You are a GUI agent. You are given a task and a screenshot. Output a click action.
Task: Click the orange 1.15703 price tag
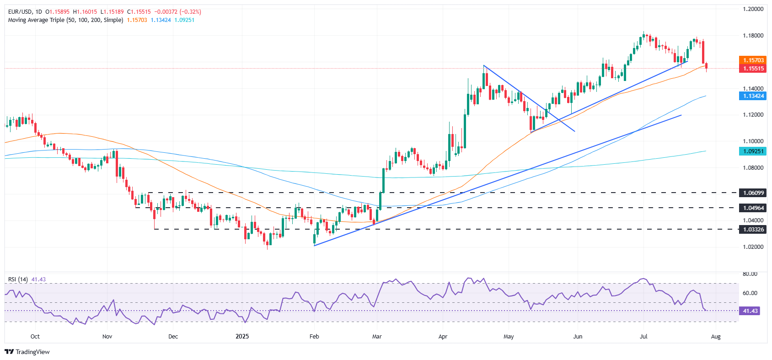coord(753,60)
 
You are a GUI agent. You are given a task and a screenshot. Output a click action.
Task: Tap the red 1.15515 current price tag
coord(753,69)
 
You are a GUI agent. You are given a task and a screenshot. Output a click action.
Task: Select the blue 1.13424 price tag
coord(753,96)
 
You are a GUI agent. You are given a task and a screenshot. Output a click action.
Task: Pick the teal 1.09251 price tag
coord(753,151)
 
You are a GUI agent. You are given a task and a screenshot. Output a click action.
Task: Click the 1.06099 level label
coord(753,193)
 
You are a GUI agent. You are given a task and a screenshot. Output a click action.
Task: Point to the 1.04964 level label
coord(753,208)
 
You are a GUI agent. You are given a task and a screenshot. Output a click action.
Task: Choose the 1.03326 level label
coord(753,229)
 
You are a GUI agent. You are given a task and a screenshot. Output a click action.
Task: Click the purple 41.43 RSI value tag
coord(750,311)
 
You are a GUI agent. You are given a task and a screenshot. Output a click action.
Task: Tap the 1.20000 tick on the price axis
coord(753,9)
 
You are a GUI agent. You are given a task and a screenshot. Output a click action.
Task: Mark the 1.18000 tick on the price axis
coord(753,36)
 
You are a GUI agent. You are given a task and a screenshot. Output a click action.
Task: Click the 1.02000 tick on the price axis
coord(753,247)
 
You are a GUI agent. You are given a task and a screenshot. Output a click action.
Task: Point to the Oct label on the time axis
coord(35,337)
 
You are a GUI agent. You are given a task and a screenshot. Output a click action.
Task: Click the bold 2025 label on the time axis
coord(242,337)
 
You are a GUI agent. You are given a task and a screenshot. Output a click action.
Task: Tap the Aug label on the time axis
coord(716,337)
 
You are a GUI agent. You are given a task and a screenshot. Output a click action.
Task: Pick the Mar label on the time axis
coord(377,337)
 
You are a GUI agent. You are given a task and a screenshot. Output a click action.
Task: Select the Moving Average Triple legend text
coord(65,20)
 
